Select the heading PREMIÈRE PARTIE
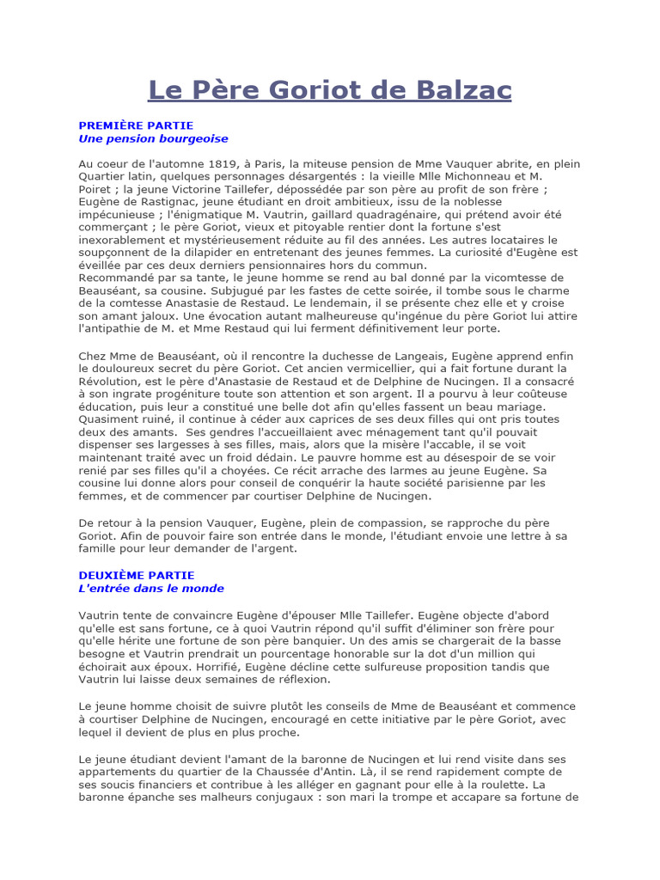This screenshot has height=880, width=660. (136, 125)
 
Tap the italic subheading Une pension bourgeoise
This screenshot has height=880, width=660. (153, 137)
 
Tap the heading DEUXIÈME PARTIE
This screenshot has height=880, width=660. (137, 575)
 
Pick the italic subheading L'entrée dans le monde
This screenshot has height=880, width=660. (151, 589)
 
